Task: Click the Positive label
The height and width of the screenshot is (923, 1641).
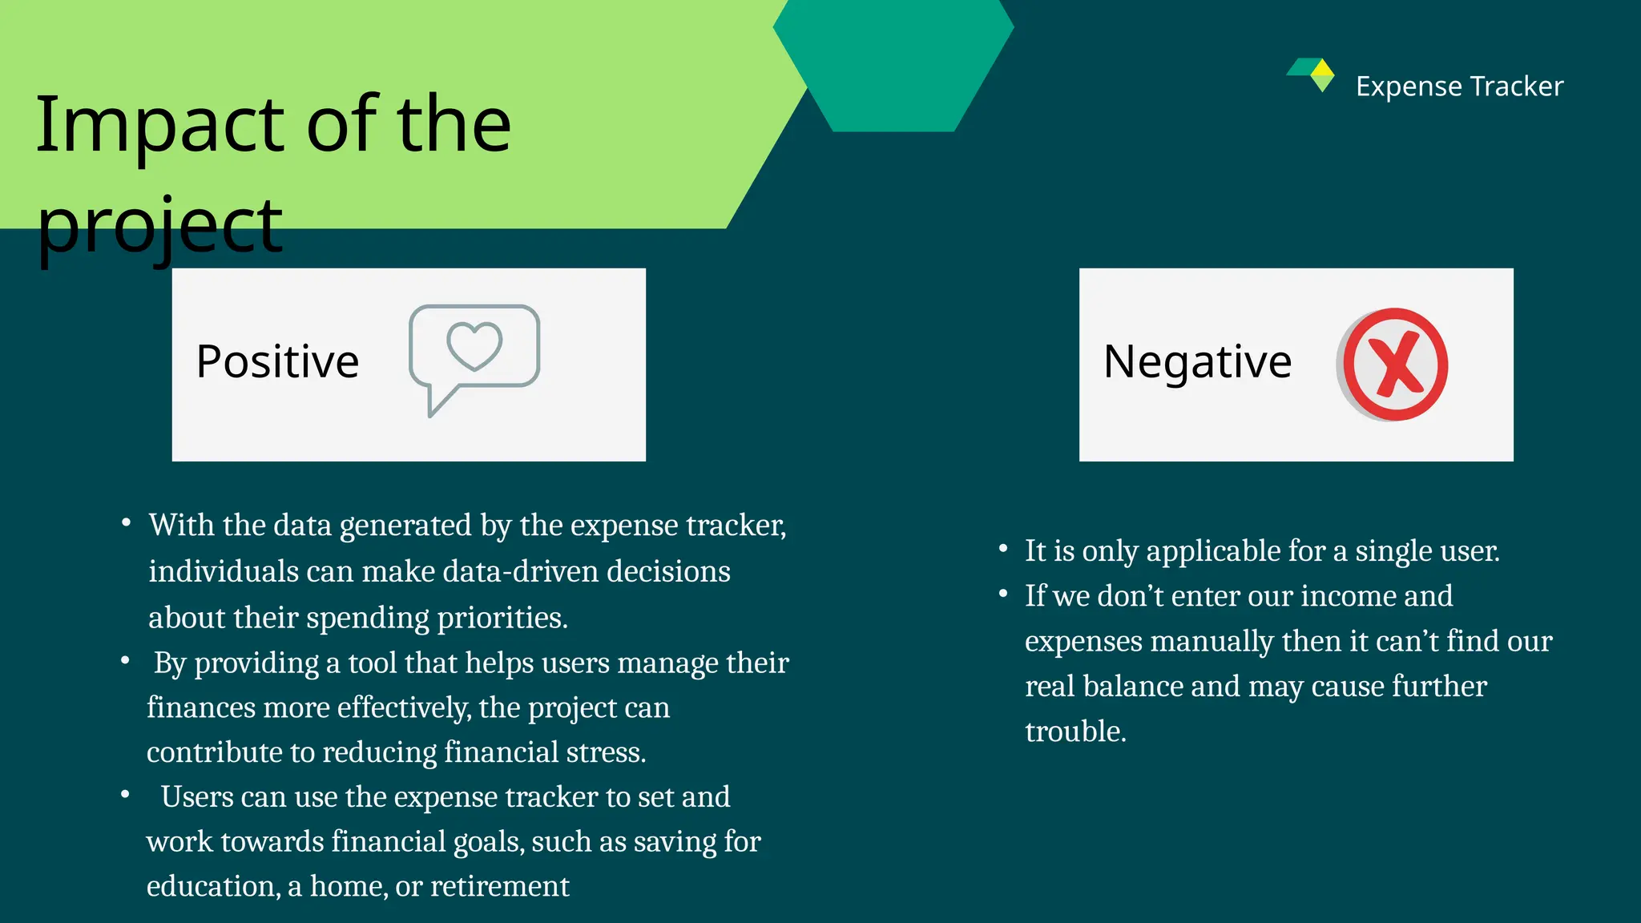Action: pos(277,361)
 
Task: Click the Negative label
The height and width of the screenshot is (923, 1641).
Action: pos(1197,361)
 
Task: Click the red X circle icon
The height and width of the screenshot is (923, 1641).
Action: pos(1395,365)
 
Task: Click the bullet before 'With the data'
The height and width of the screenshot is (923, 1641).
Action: pos(127,523)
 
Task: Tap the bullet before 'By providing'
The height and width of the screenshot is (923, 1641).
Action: pos(126,661)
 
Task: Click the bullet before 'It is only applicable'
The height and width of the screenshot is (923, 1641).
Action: pos(1003,549)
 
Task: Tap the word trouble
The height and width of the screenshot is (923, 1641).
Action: pos(1075,732)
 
